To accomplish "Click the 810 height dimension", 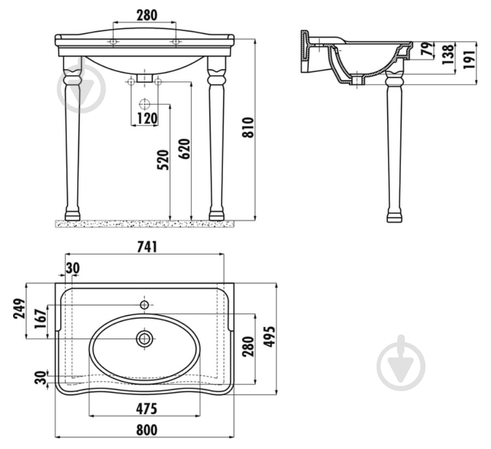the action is (248, 127).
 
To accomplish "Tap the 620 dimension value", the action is (185, 149).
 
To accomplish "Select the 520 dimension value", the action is (163, 160).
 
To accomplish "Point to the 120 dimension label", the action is (147, 118).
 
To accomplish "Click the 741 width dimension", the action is (147, 247).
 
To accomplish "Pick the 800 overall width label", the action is (147, 429).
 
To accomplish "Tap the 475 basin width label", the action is (147, 409).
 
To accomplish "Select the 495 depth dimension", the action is (270, 337).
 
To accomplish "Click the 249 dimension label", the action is (19, 308).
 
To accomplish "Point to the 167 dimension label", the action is (40, 319).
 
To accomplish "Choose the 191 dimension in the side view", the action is (470, 59).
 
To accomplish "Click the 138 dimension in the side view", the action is (448, 54).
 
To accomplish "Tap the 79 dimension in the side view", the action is (428, 49).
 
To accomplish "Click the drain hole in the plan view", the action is (145, 338).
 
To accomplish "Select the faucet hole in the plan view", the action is (145, 304).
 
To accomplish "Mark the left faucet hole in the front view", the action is (113, 41).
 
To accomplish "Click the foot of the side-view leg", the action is (394, 217).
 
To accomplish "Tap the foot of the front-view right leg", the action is (217, 215).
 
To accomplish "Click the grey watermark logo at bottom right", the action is (401, 363).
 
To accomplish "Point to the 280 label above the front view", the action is (147, 15).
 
